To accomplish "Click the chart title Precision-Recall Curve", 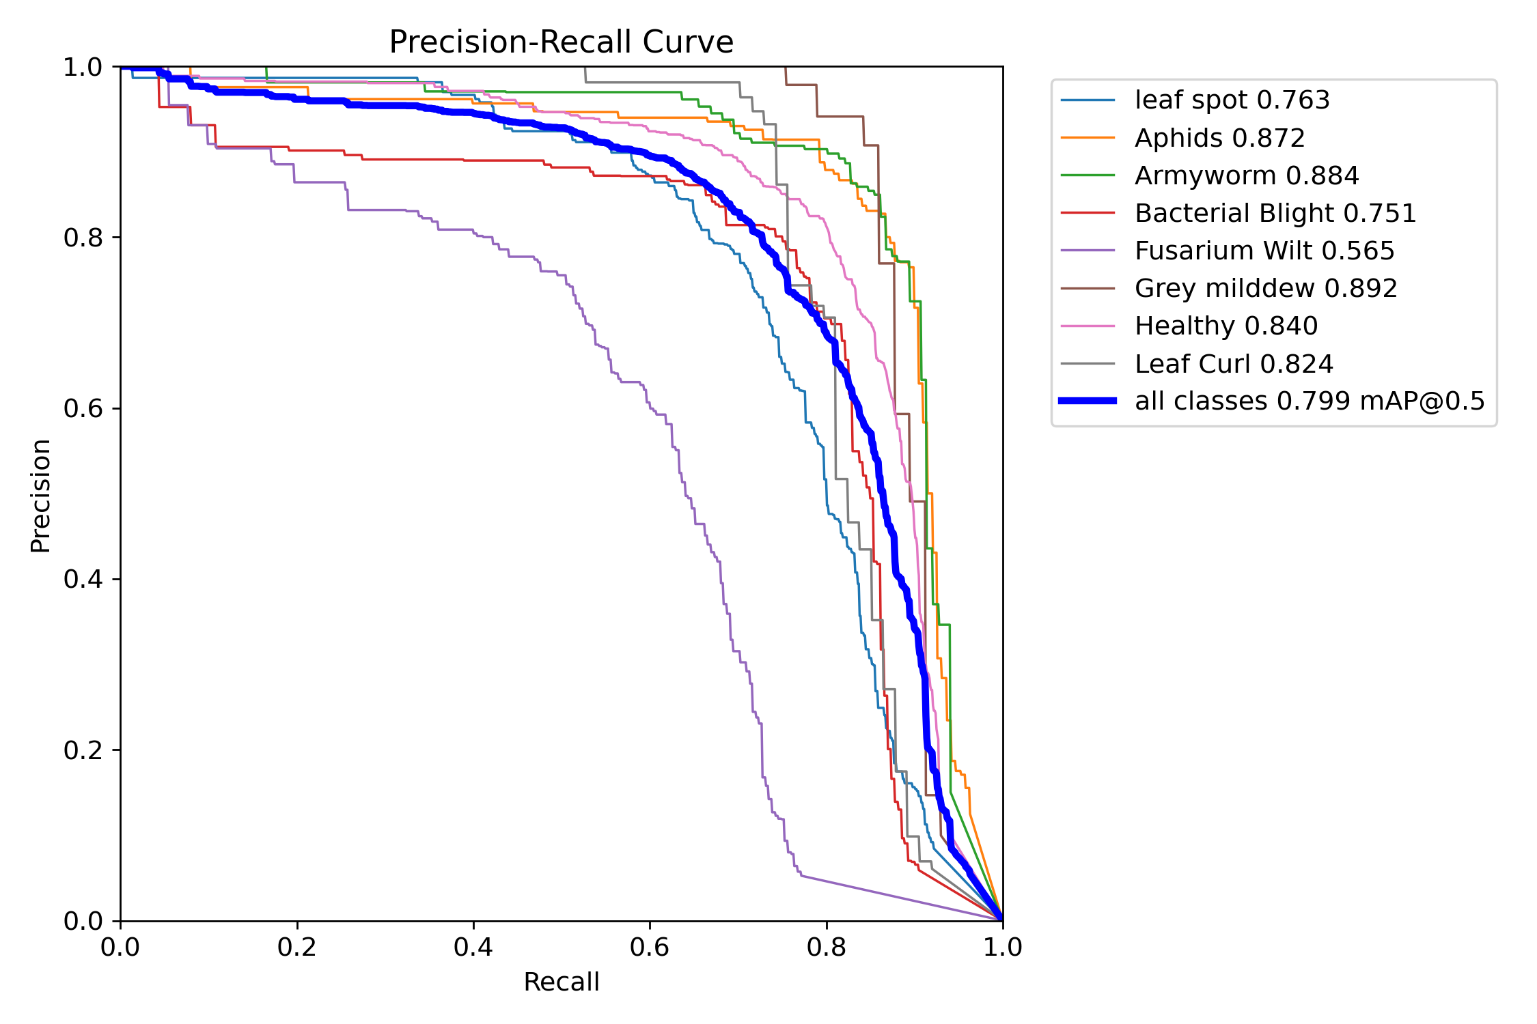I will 561,42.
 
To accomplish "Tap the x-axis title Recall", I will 561,982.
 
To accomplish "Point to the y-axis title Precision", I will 40,496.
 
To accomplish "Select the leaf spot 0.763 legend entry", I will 1232,100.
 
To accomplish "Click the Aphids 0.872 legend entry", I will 1219,138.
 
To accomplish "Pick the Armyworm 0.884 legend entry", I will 1246,176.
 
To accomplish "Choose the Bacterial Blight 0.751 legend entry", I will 1275,214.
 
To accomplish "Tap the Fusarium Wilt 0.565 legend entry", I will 1264,251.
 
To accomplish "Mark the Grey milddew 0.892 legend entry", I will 1265,289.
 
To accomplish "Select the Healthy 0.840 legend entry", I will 1226,326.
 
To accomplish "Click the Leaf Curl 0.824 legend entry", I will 1233,364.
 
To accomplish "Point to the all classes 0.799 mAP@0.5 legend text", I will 1310,401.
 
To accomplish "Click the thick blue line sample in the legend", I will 1088,401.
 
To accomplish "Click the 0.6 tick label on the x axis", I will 650,948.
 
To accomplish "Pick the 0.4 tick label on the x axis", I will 473,948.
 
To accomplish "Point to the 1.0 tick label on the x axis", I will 1002,948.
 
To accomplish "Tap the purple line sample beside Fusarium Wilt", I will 1088,251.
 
